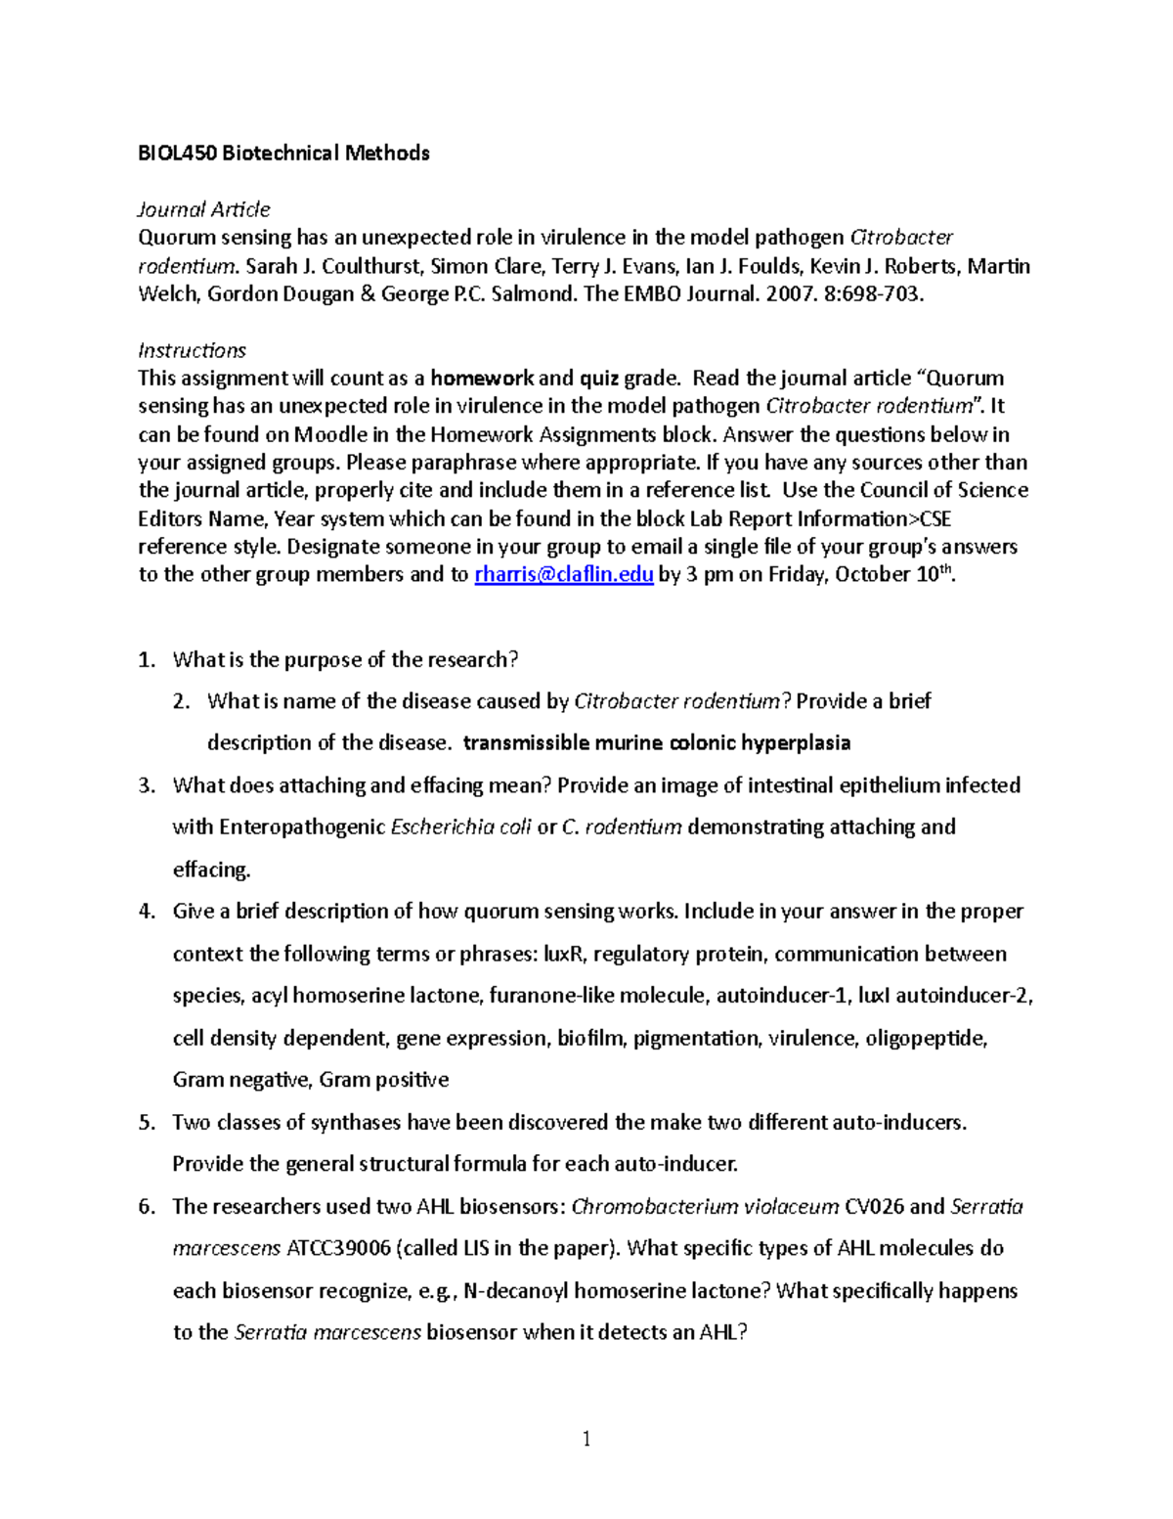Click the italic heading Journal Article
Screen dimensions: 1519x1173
point(203,209)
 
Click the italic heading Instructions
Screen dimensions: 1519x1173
point(192,350)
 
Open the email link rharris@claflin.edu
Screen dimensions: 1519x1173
point(563,575)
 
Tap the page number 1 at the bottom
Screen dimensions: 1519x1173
point(586,1439)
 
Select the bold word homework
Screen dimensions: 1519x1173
point(482,379)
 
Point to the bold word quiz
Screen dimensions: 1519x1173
point(601,379)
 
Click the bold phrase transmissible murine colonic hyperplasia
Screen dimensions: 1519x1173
point(656,743)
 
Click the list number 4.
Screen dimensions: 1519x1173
point(147,912)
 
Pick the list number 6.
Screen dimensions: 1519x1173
point(147,1207)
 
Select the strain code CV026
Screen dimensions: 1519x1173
point(874,1207)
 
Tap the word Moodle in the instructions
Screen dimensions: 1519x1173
point(330,434)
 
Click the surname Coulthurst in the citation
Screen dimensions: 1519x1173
point(372,266)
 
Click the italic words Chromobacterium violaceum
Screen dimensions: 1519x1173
point(705,1207)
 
